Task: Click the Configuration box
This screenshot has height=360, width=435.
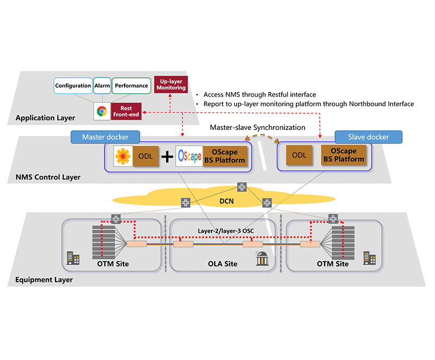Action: [73, 85]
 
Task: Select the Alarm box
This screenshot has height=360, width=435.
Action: [102, 85]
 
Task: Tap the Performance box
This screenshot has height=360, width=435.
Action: [131, 85]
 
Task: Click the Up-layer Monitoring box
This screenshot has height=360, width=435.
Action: [171, 83]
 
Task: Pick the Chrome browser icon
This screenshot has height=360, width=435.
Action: [101, 111]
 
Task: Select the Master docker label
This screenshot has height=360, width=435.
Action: [104, 137]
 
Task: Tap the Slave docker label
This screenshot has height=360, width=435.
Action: [369, 137]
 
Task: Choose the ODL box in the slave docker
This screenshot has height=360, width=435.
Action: [299, 156]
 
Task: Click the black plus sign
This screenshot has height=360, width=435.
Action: [167, 157]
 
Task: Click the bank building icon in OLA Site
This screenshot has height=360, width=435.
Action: [260, 260]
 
